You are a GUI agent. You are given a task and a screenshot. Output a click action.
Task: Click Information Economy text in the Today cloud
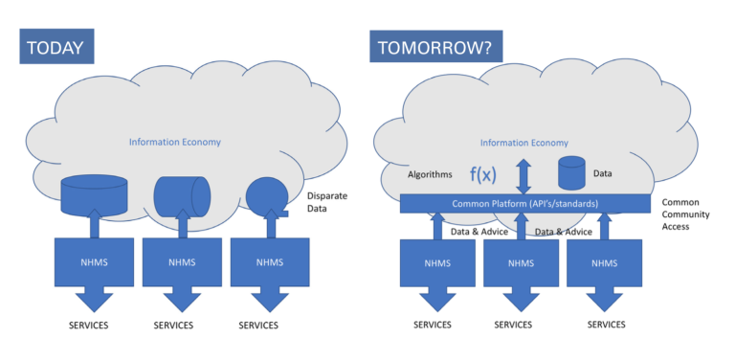[x=170, y=142]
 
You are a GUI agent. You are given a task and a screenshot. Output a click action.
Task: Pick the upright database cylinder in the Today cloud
[x=94, y=194]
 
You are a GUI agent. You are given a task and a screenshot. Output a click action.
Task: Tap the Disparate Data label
[x=327, y=202]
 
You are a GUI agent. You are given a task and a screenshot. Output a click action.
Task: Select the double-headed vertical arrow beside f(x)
[x=523, y=176]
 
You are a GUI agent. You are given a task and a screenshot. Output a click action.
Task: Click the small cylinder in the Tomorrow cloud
[x=571, y=173]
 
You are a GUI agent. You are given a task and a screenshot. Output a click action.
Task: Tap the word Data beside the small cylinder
[x=603, y=174]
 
